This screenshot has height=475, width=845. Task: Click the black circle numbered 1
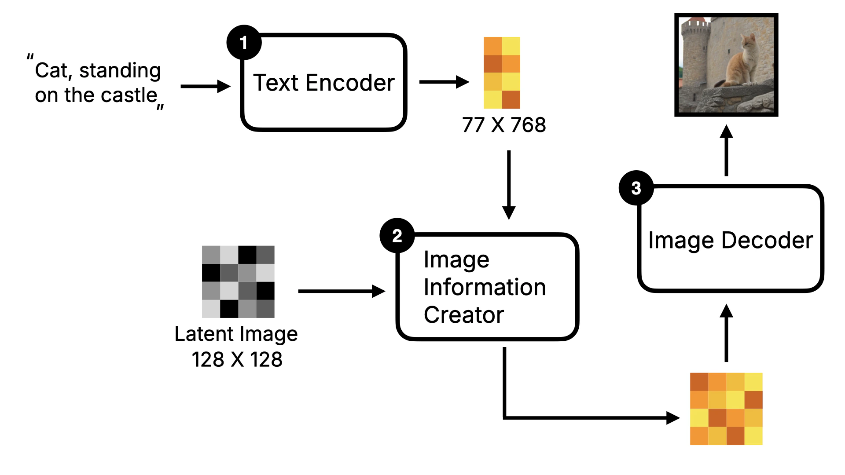pyautogui.click(x=244, y=43)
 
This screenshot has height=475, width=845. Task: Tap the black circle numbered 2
pyautogui.click(x=397, y=236)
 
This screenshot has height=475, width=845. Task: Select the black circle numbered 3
pyautogui.click(x=636, y=188)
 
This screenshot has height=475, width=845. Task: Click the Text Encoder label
pyautogui.click(x=324, y=83)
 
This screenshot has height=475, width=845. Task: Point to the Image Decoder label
pyautogui.click(x=731, y=240)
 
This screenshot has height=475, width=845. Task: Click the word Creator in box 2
pyautogui.click(x=463, y=315)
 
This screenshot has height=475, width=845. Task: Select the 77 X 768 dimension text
pyautogui.click(x=504, y=125)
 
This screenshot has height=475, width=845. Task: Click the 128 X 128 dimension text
pyautogui.click(x=237, y=359)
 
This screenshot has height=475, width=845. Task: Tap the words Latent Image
pyautogui.click(x=236, y=334)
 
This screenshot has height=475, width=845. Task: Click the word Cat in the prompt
pyautogui.click(x=51, y=70)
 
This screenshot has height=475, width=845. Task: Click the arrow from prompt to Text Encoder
pyautogui.click(x=205, y=86)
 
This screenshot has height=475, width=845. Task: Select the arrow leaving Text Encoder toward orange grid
pyautogui.click(x=444, y=82)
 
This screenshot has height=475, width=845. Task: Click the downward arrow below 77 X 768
pyautogui.click(x=509, y=185)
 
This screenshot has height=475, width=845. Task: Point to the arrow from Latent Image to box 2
pyautogui.click(x=341, y=291)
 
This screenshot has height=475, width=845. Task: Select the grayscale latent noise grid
pyautogui.click(x=238, y=281)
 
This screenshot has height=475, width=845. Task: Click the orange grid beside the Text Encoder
pyautogui.click(x=502, y=73)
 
